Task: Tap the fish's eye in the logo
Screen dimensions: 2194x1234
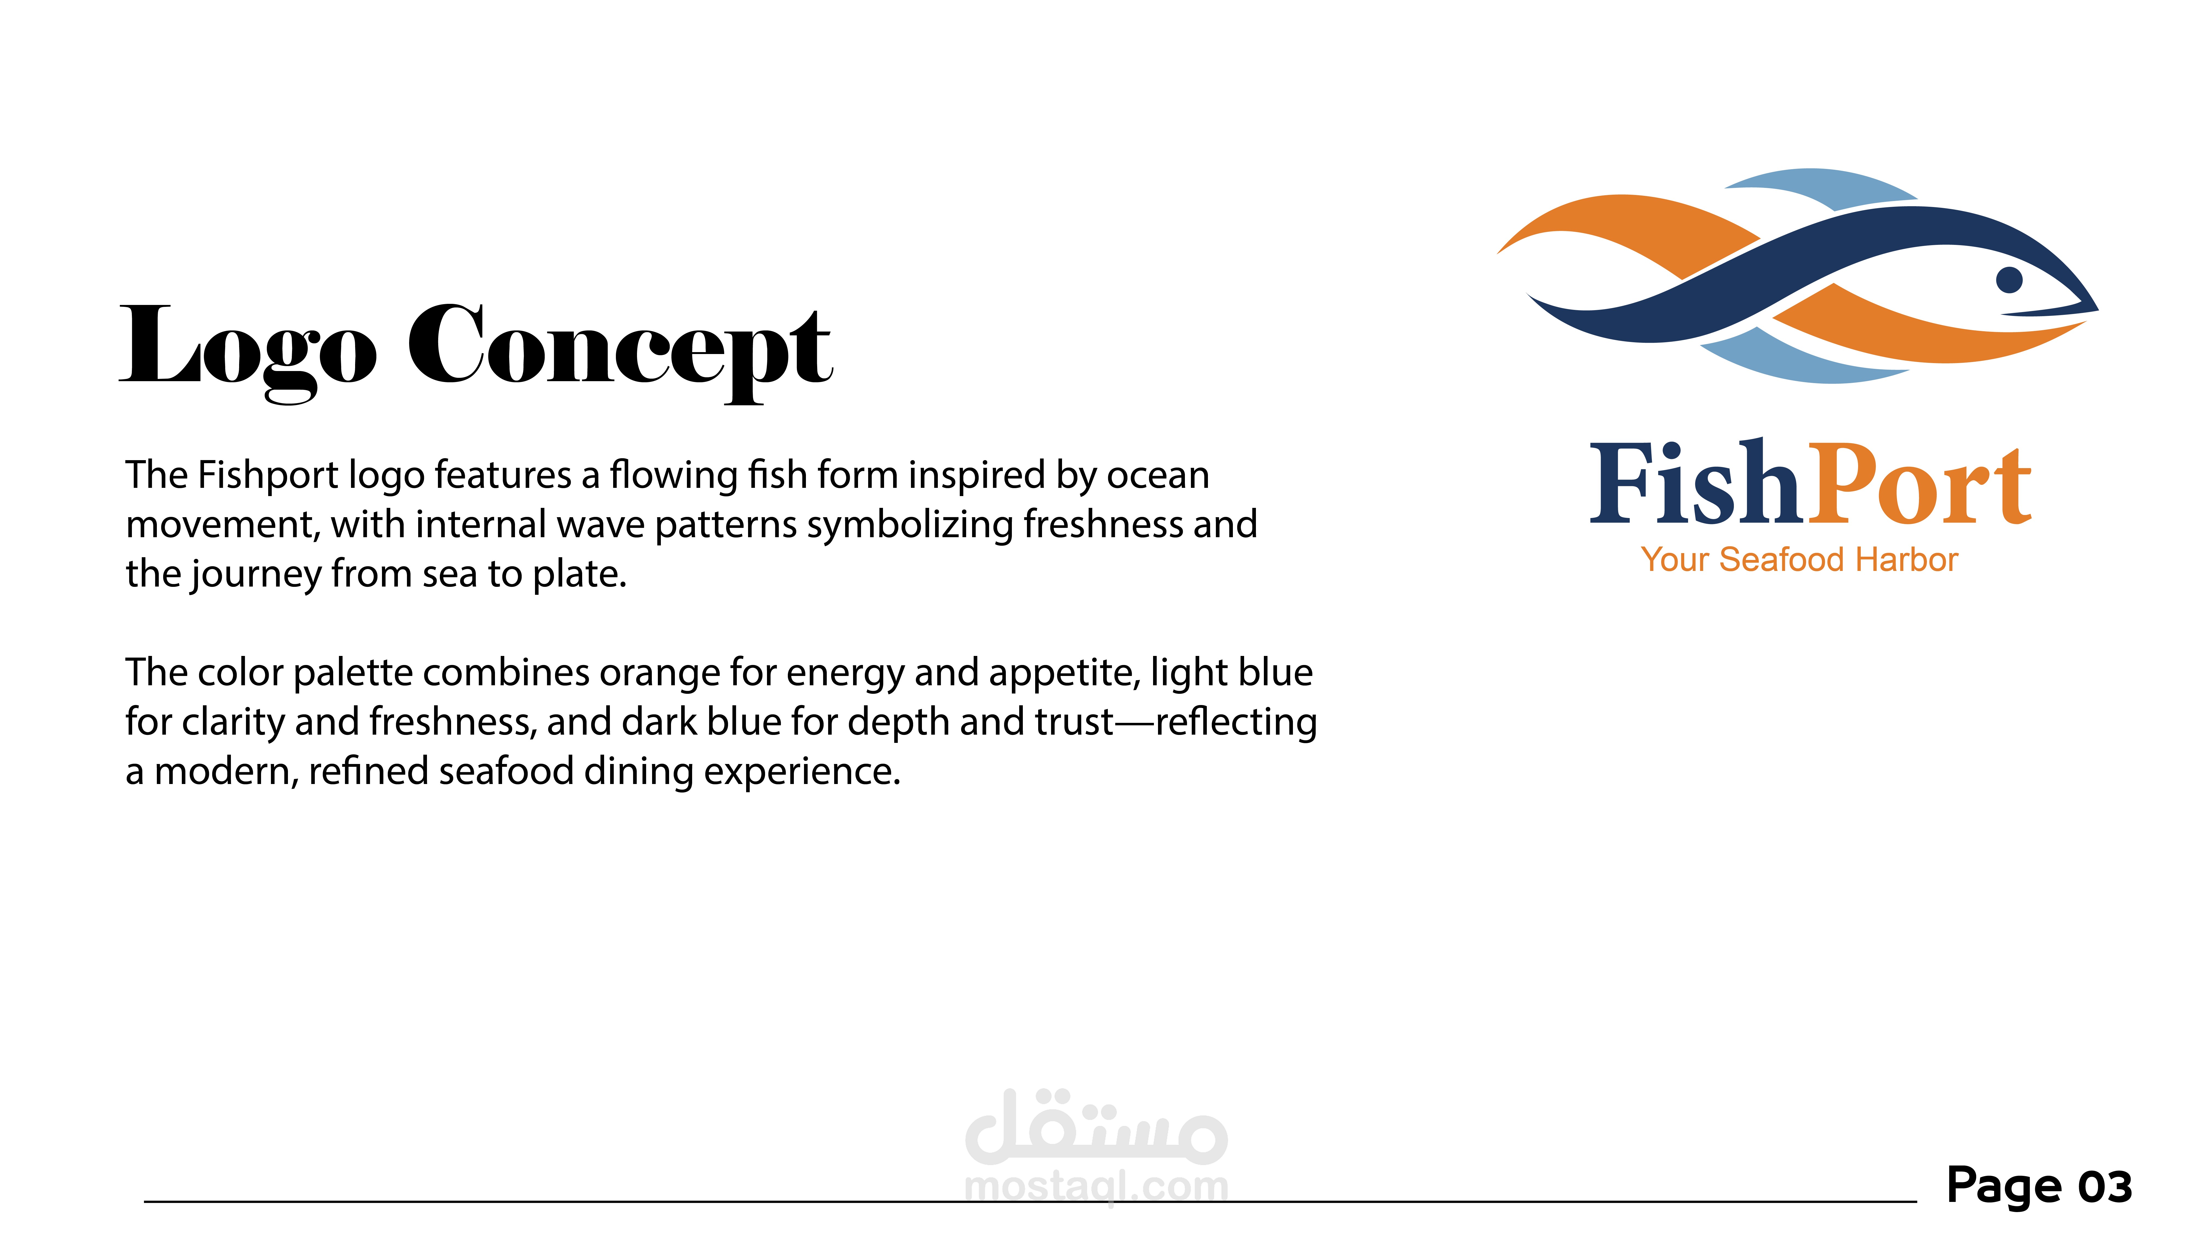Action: click(2009, 279)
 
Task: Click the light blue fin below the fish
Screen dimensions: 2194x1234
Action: click(1806, 360)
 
